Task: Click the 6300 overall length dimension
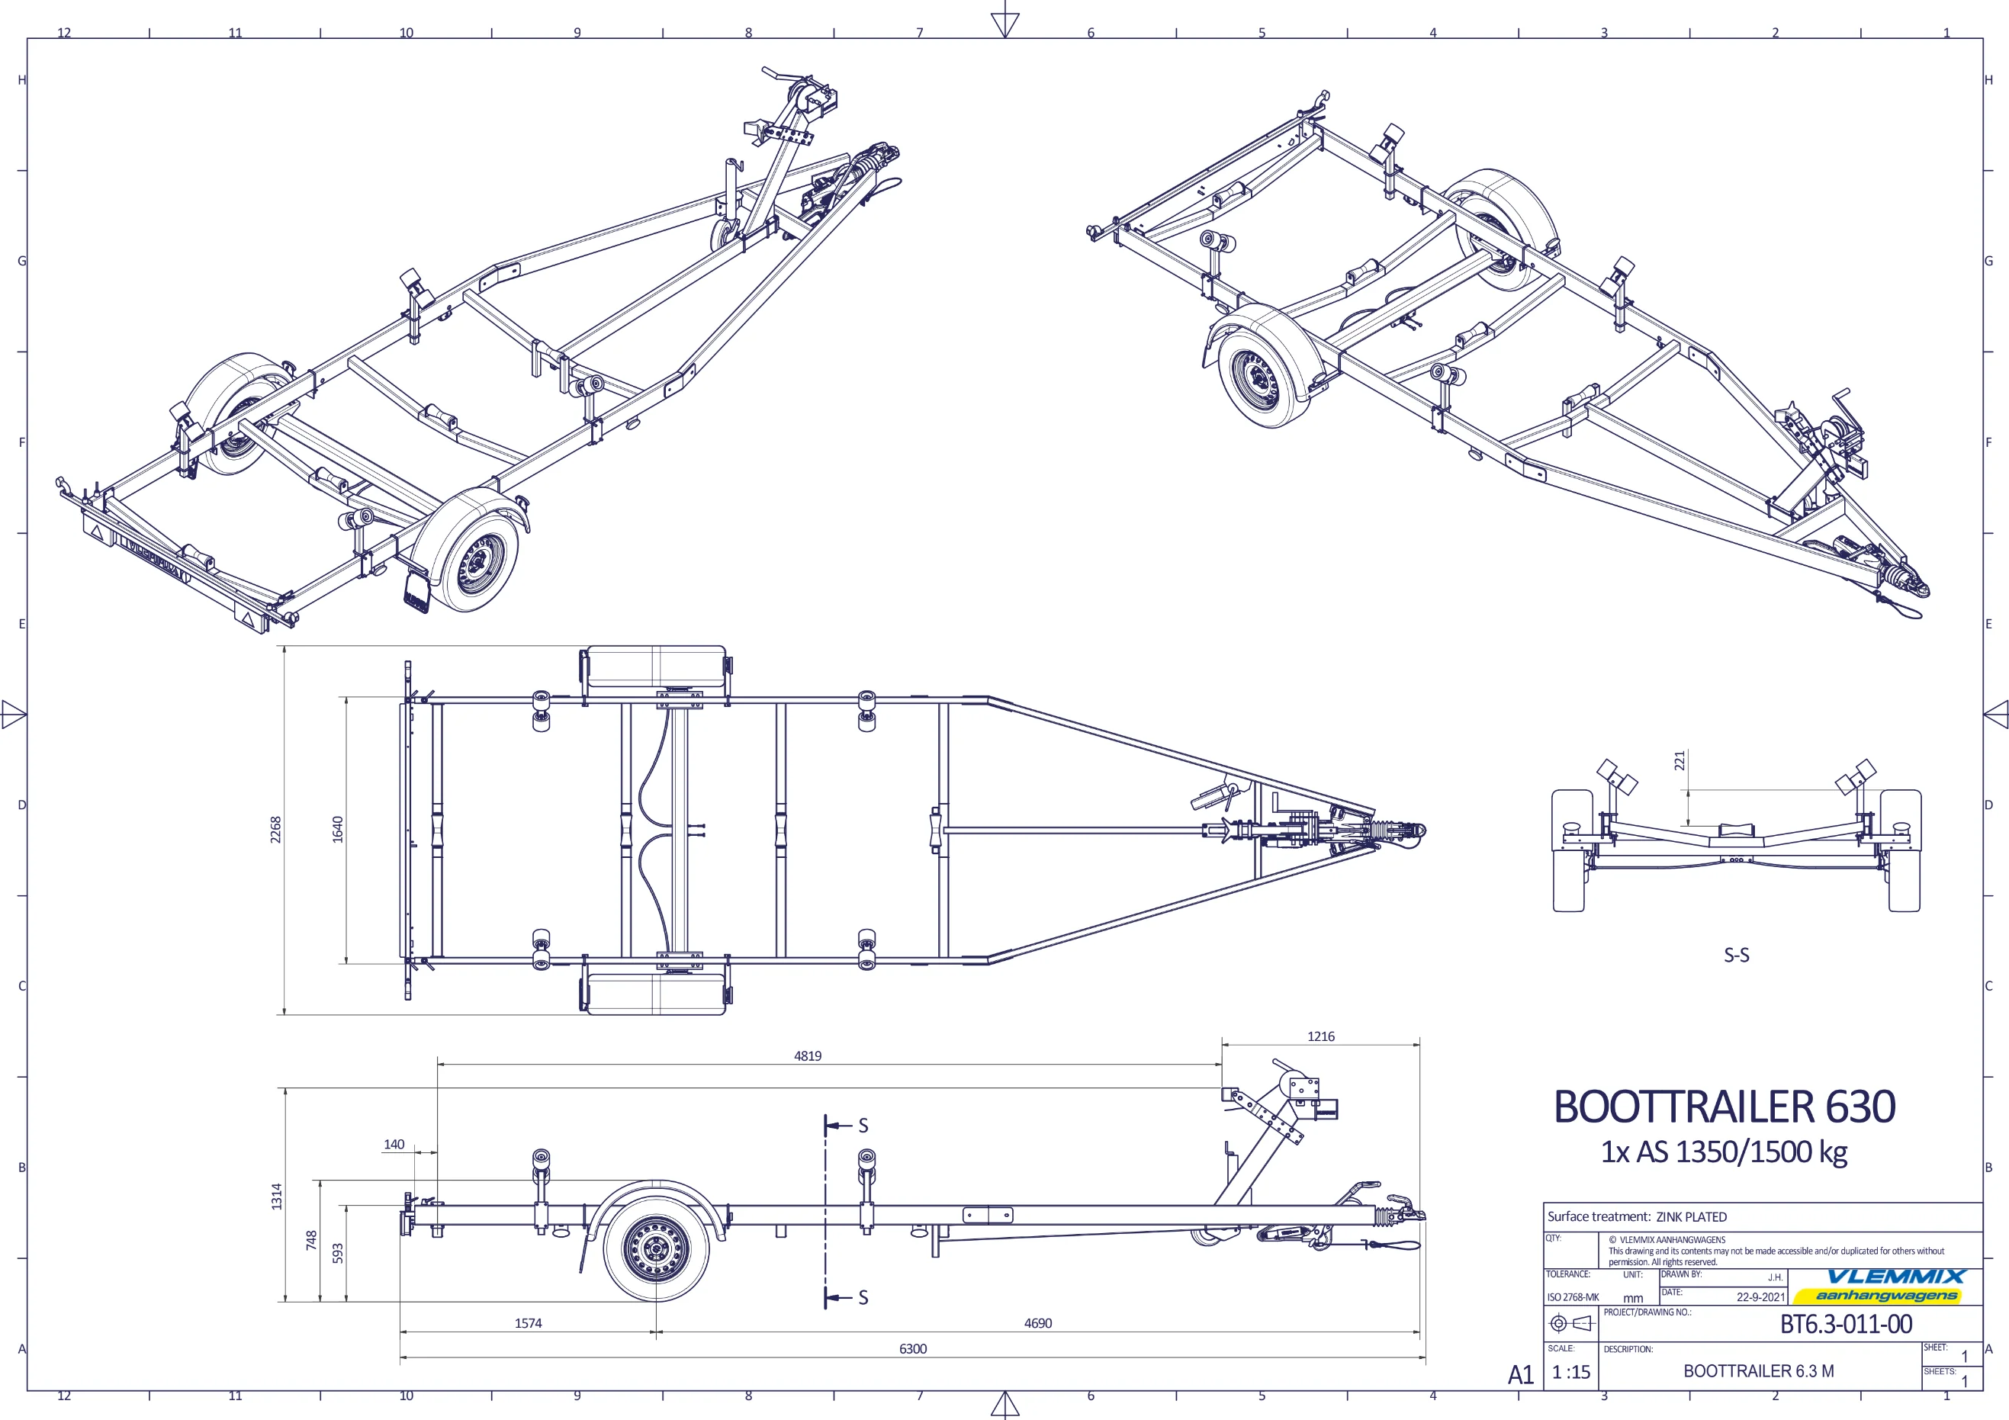click(x=913, y=1348)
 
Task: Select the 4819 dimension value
click(x=808, y=1056)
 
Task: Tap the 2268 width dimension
click(x=275, y=830)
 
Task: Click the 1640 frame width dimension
click(x=338, y=830)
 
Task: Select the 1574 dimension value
click(x=528, y=1323)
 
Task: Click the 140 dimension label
click(x=394, y=1145)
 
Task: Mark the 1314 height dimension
click(x=277, y=1196)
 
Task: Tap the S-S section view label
click(x=1736, y=956)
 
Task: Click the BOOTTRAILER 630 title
click(x=1724, y=1107)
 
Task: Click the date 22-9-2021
click(x=1760, y=1296)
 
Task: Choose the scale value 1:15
click(x=1570, y=1372)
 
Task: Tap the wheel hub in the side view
click(x=654, y=1249)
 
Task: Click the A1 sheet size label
click(x=1521, y=1374)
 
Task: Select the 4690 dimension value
click(x=1038, y=1323)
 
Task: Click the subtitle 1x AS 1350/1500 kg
click(x=1724, y=1152)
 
